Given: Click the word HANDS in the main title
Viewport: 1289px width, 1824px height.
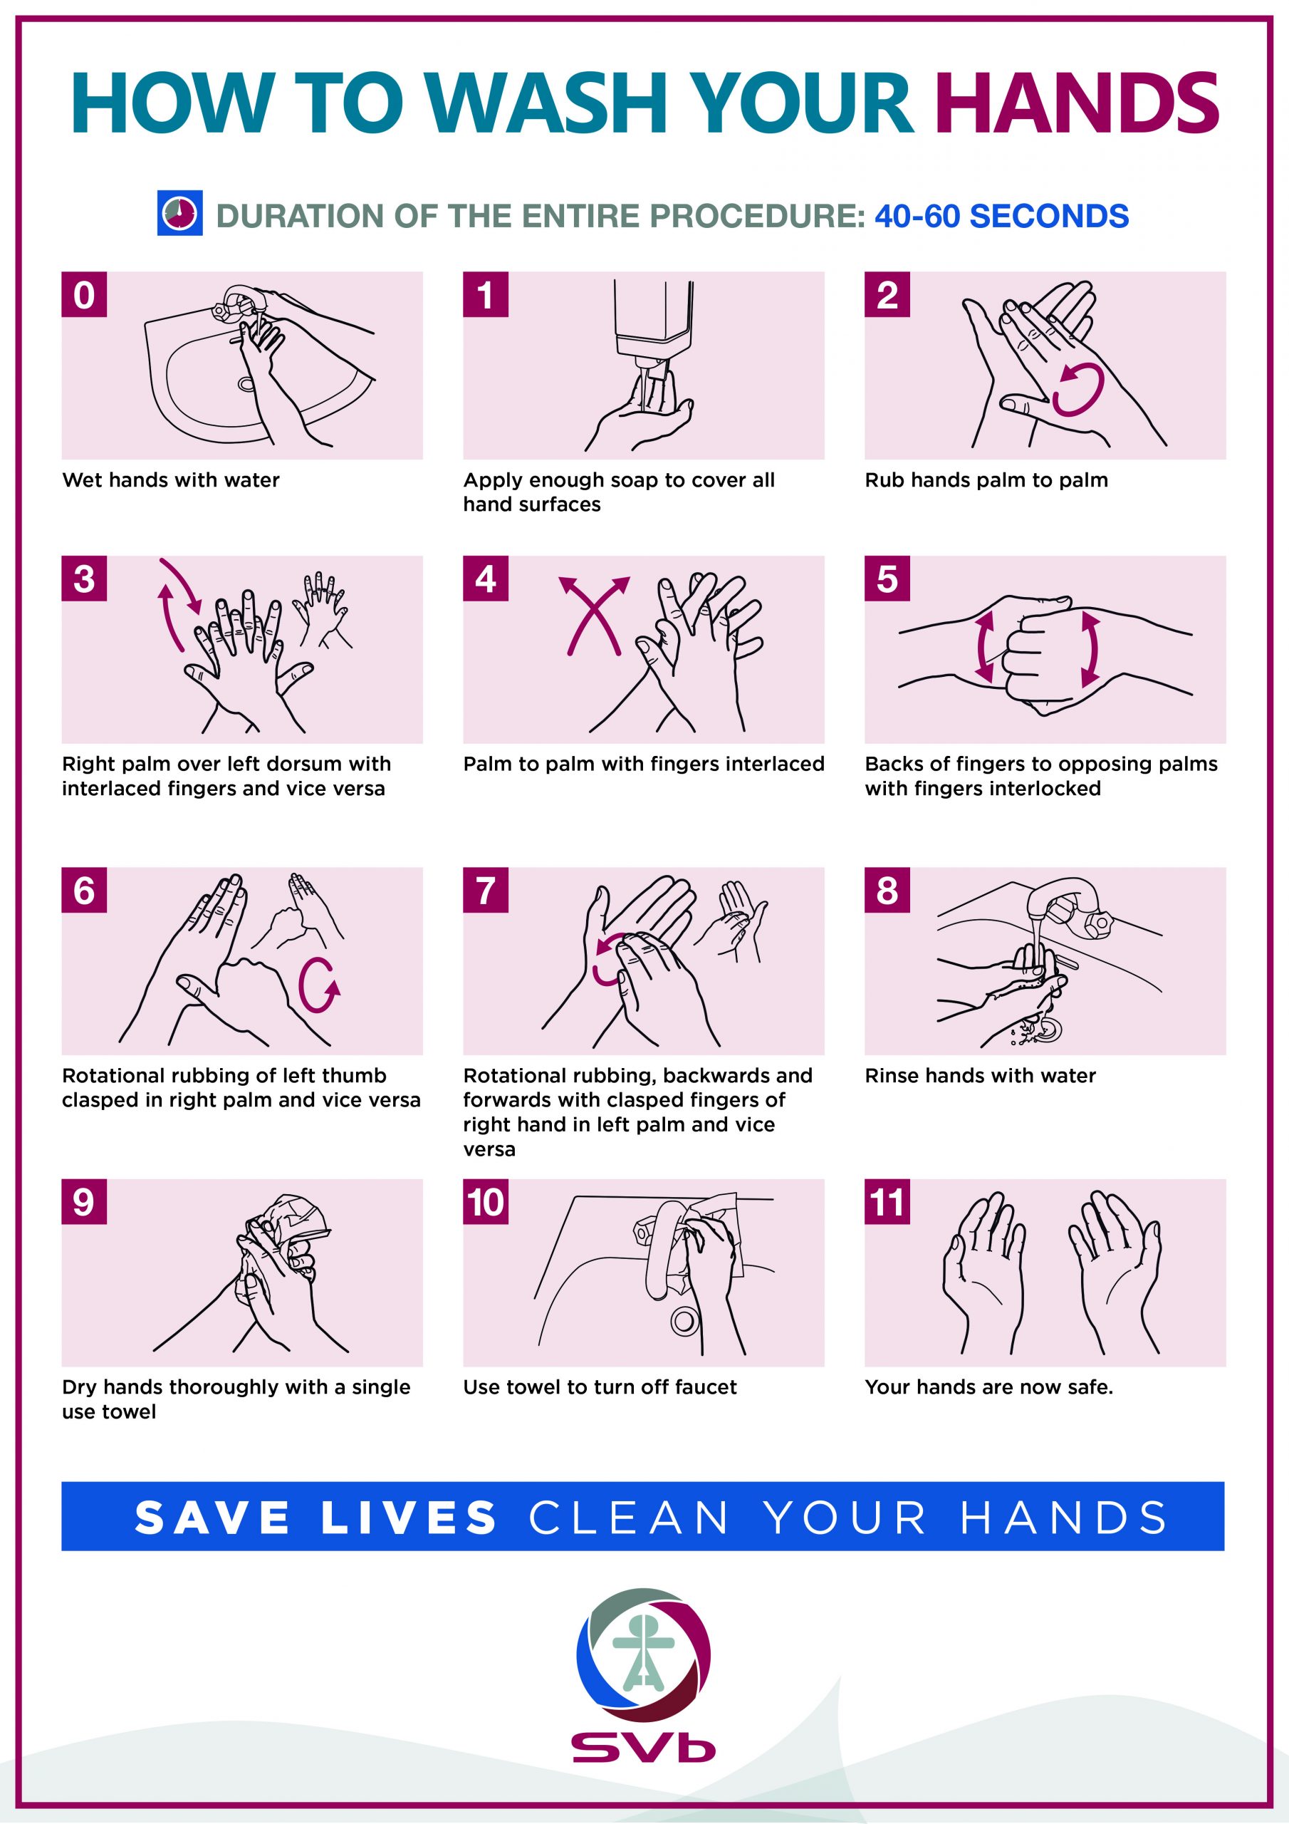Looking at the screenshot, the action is coord(1076,103).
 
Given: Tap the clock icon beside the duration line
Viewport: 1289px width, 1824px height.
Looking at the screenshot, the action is coord(179,213).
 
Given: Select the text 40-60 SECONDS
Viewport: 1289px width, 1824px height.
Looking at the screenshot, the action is coord(1001,216).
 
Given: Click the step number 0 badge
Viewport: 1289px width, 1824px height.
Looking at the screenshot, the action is coord(84,295).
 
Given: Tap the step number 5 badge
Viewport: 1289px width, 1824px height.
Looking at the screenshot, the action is coord(887,579).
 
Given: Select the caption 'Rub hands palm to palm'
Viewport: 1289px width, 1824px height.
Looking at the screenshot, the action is coord(986,480).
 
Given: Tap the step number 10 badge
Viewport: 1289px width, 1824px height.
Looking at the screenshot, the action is coord(485,1201).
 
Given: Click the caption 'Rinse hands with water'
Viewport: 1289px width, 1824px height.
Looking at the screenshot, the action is coord(980,1076).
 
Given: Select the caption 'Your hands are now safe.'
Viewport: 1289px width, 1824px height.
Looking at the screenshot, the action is coord(988,1387).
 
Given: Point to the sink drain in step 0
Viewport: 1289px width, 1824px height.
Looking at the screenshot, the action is coord(246,385).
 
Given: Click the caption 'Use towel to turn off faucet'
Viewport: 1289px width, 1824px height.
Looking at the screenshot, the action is coord(600,1387).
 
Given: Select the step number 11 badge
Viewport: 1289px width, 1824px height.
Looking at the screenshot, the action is coord(887,1201).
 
